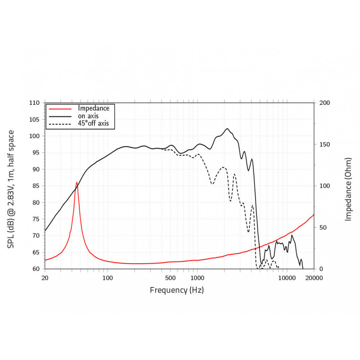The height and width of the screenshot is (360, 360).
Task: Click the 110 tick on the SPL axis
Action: (34, 103)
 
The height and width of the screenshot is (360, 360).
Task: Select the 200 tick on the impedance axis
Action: (325, 103)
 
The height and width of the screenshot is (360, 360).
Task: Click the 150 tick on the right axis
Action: (325, 144)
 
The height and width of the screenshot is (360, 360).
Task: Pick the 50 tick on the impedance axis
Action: (323, 228)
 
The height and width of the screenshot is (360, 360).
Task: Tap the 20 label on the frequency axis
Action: (45, 277)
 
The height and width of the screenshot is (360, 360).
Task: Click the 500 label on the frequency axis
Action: (170, 277)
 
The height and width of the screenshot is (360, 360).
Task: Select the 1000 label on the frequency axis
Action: (195, 277)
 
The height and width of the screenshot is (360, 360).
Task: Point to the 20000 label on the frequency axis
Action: (314, 277)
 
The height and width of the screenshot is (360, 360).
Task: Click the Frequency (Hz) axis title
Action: (177, 290)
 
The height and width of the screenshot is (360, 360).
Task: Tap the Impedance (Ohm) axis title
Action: (348, 189)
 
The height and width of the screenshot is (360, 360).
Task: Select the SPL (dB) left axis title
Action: (11, 189)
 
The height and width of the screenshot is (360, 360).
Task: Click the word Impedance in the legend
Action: (94, 108)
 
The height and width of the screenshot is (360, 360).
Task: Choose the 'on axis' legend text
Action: (88, 116)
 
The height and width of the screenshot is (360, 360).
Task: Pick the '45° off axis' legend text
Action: (94, 123)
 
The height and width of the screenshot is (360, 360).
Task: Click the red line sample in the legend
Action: (60, 108)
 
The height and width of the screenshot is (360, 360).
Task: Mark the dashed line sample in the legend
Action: (60, 124)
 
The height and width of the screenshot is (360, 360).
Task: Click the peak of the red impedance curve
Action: (77, 182)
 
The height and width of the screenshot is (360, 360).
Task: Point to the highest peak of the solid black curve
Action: (227, 129)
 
